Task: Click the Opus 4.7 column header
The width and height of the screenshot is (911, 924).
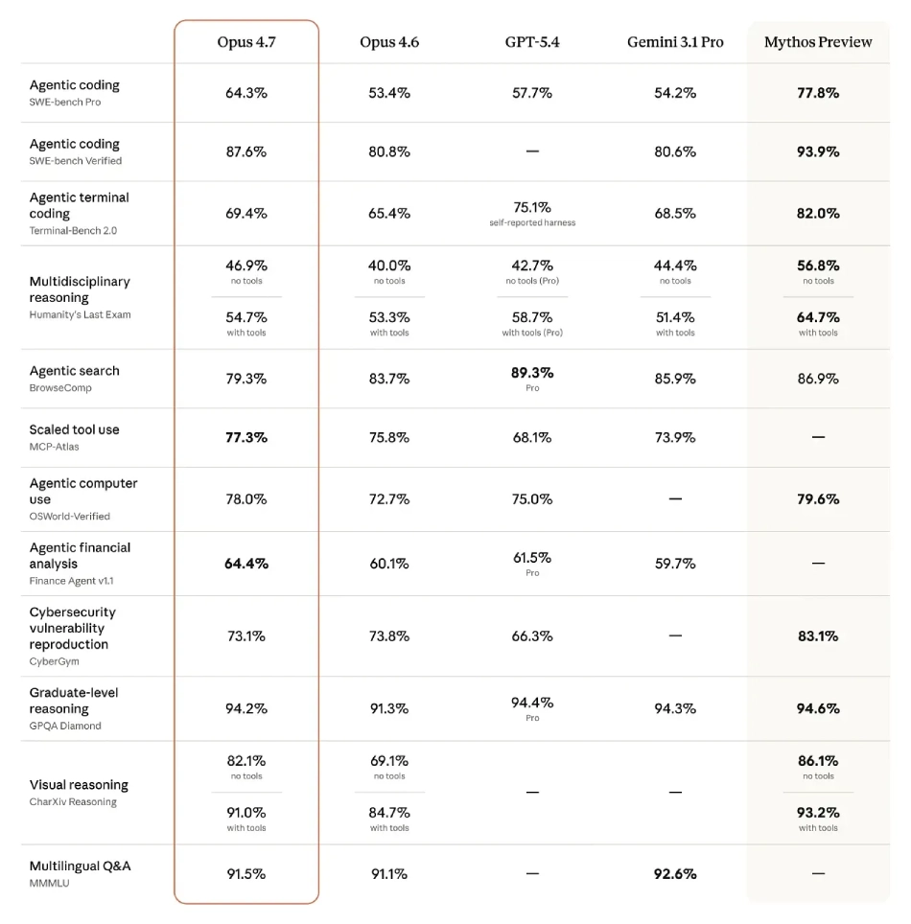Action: pyautogui.click(x=246, y=42)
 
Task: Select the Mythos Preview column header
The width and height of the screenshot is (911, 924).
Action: pyautogui.click(x=818, y=42)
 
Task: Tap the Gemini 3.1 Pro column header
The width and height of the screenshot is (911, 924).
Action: pyautogui.click(x=675, y=42)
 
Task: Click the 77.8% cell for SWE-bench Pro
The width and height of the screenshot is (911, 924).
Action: pyautogui.click(x=818, y=93)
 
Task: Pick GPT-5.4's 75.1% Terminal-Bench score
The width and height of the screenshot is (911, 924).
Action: pyautogui.click(x=532, y=207)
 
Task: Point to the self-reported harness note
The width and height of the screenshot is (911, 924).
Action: pyautogui.click(x=532, y=223)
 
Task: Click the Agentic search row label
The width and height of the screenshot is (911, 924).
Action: pyautogui.click(x=75, y=371)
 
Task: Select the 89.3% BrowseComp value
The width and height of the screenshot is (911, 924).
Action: pyautogui.click(x=532, y=373)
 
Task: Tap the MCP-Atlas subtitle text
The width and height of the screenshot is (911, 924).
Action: pyautogui.click(x=55, y=447)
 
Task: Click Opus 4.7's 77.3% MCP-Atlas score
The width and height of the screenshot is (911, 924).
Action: pyautogui.click(x=246, y=437)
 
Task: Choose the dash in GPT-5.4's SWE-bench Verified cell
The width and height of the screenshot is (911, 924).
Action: pyautogui.click(x=532, y=152)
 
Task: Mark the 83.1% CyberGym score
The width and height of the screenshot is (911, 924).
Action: pyautogui.click(x=818, y=636)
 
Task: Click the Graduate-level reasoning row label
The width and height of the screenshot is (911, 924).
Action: pyautogui.click(x=74, y=701)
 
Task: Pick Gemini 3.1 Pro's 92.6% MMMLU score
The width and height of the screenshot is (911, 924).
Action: pyautogui.click(x=675, y=874)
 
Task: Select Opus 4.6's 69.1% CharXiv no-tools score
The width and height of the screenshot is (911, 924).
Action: pyautogui.click(x=389, y=761)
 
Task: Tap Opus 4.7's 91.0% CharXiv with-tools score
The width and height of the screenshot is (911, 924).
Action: pyautogui.click(x=246, y=813)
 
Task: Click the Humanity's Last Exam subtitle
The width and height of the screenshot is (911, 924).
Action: pyautogui.click(x=80, y=314)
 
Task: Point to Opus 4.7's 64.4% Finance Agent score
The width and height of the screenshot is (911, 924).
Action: pyautogui.click(x=246, y=564)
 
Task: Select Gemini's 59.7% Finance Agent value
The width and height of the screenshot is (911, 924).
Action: pyautogui.click(x=675, y=564)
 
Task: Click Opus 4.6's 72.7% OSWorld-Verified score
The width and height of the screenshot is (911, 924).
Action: pyautogui.click(x=389, y=499)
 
